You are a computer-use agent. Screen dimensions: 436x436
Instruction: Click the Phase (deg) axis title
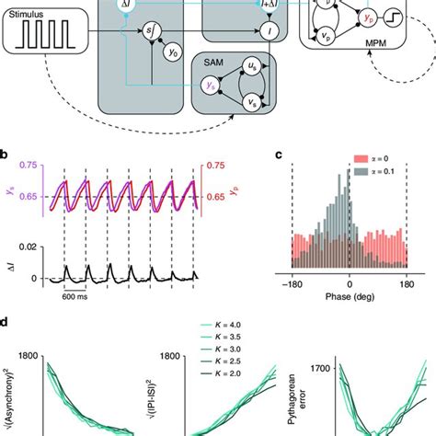coord(350,310)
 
